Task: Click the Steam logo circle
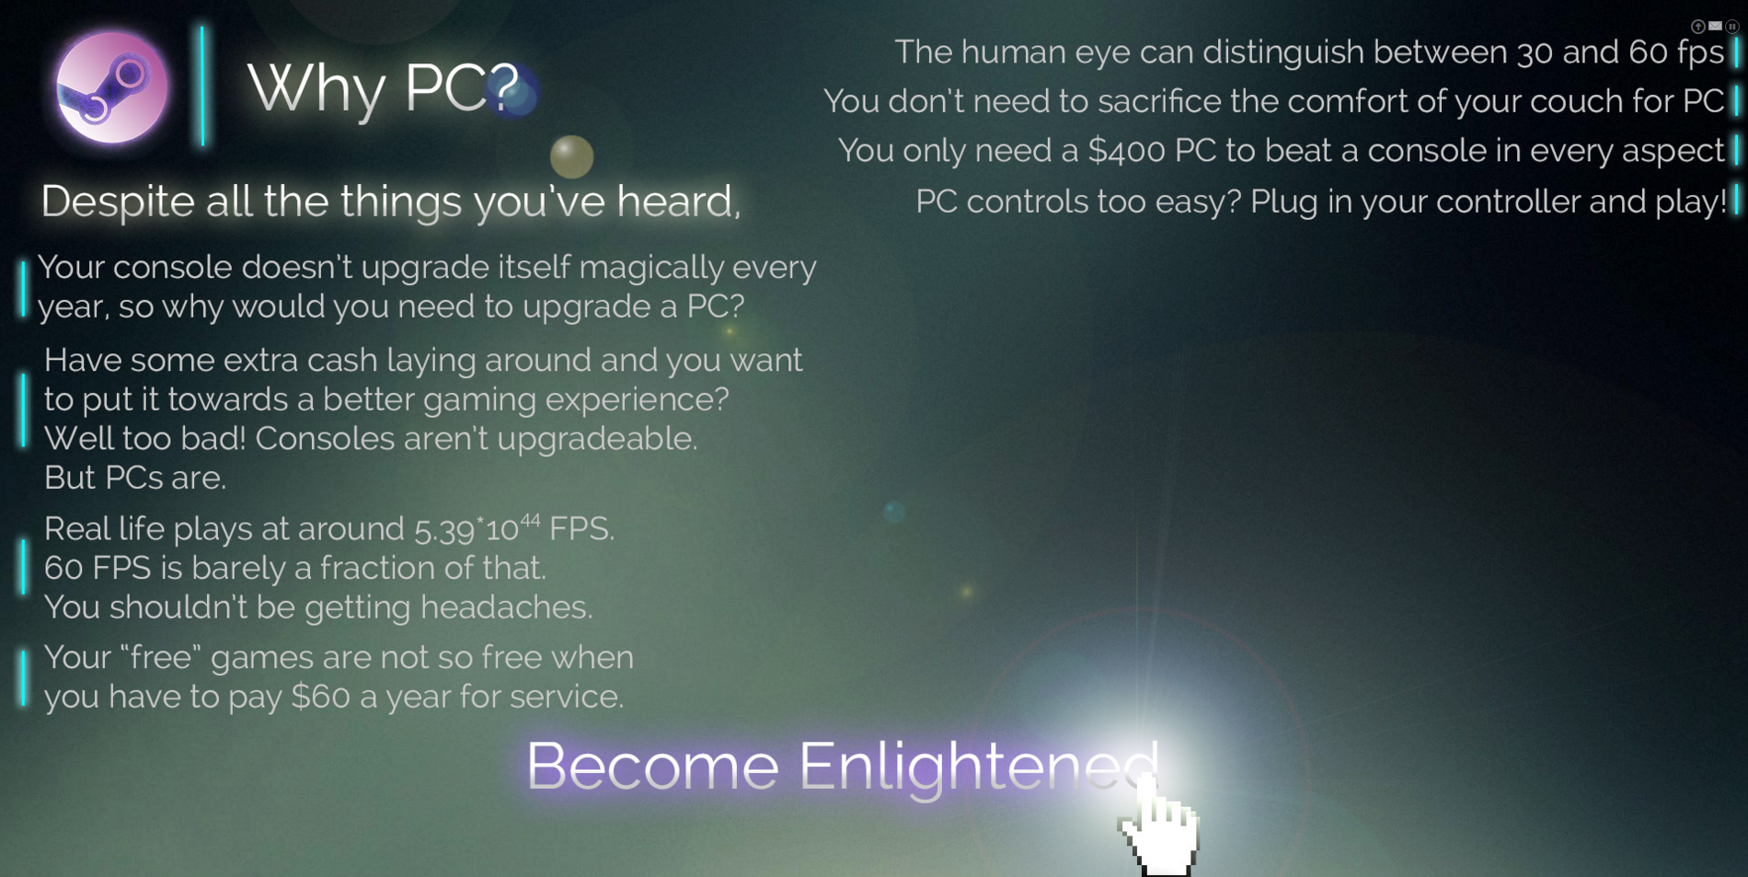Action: coord(111,88)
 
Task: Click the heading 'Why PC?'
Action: coord(384,88)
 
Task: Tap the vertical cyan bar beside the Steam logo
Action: coord(202,86)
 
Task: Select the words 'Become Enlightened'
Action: coord(842,766)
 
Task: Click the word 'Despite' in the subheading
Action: coord(118,202)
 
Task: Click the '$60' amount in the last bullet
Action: coord(320,697)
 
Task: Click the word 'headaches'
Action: coord(506,607)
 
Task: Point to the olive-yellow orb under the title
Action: coord(571,156)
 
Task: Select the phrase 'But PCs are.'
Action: coord(135,478)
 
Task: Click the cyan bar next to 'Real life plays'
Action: coord(23,567)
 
